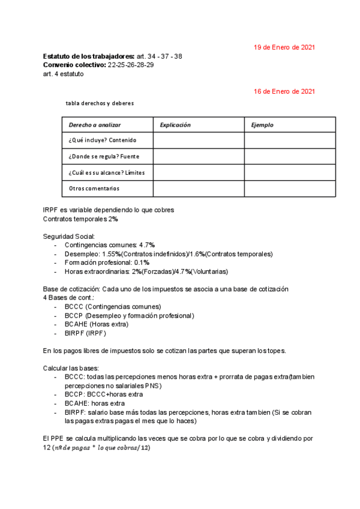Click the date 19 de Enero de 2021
[x=284, y=47]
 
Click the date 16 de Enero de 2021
[x=284, y=91]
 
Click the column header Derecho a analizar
[x=95, y=125]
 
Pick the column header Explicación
[x=175, y=125]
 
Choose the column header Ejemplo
[x=262, y=125]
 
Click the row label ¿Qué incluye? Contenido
[x=103, y=140]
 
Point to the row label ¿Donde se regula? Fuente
[x=104, y=157]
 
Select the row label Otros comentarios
[x=94, y=188]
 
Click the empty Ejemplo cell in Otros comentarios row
[x=290, y=188]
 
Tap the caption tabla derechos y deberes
[x=100, y=103]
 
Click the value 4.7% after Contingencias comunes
[x=147, y=245]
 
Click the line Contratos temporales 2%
[x=80, y=219]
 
